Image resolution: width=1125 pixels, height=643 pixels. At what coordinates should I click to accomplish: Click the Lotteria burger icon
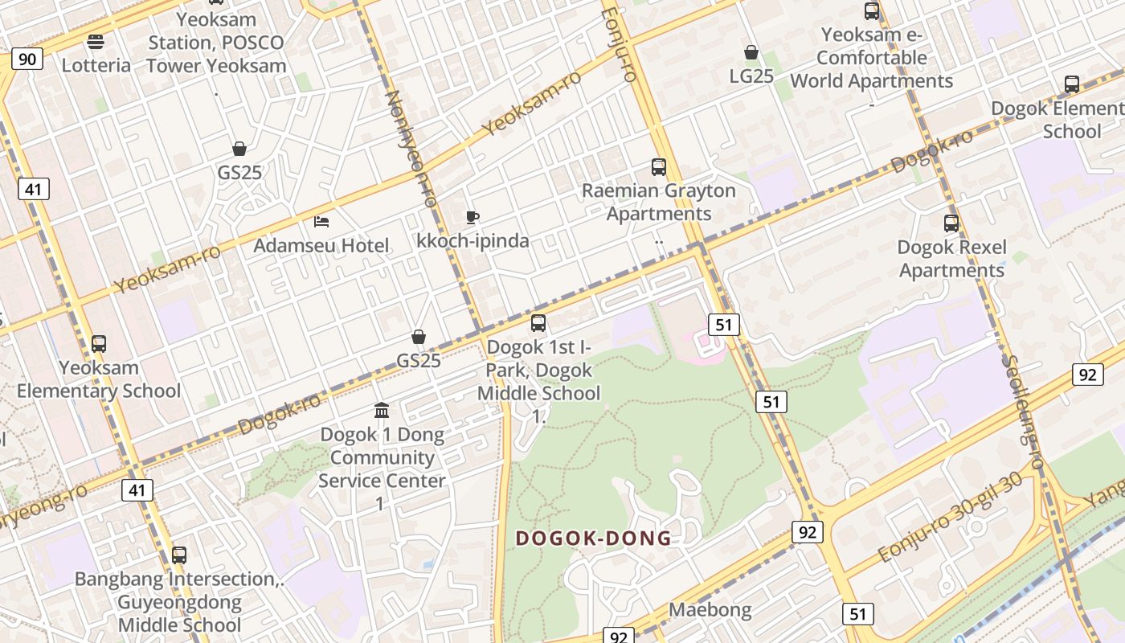pos(96,42)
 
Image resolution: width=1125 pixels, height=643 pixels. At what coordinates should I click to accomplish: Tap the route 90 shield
pos(27,59)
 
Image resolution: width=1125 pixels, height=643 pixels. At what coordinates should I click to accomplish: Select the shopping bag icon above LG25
pos(751,52)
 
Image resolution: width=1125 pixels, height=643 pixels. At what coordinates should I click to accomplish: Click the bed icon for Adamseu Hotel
pos(321,221)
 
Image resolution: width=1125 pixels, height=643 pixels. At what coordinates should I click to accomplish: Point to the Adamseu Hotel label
pos(321,245)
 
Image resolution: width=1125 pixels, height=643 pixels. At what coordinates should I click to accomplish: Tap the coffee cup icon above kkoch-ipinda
pos(472,217)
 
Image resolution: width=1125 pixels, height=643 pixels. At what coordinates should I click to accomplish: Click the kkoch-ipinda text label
pos(472,240)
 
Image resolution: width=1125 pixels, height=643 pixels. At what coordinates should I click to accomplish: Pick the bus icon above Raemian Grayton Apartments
pos(659,167)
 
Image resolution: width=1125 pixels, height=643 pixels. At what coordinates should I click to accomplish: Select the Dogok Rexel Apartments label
pos(951,258)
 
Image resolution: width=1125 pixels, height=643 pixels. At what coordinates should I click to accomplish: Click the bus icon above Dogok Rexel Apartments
pos(951,223)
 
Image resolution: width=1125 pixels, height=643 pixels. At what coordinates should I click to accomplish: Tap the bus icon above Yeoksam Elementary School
pos(99,344)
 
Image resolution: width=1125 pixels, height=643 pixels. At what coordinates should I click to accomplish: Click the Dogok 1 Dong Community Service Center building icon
pos(382,411)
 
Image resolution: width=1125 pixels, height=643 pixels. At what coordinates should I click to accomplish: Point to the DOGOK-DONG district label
pos(593,539)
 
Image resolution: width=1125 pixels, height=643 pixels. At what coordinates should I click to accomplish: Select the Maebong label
pos(710,610)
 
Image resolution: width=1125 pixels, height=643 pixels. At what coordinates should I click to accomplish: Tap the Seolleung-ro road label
pos(1023,412)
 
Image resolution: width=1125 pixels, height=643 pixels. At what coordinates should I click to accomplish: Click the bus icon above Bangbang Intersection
pos(179,555)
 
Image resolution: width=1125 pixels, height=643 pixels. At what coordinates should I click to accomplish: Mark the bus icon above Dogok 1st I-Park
pos(538,323)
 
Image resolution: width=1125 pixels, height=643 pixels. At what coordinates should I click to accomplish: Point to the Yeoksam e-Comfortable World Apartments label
pos(872,58)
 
